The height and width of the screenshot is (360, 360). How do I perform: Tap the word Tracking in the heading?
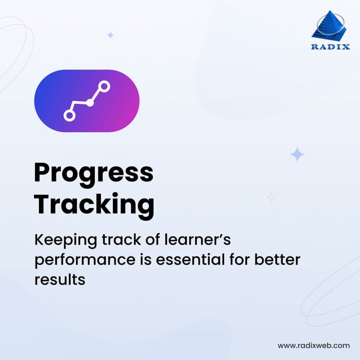tap(94, 204)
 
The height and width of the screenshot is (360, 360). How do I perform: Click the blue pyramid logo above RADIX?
tap(330, 25)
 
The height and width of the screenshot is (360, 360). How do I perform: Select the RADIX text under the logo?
tap(330, 47)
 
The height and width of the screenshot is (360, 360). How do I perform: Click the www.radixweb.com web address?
tap(314, 345)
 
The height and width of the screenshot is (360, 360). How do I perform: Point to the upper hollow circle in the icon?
tap(104, 86)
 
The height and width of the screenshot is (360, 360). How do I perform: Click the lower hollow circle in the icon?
tap(69, 115)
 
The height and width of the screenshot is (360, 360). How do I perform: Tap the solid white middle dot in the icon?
tap(90, 102)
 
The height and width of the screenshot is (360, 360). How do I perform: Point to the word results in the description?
tap(59, 279)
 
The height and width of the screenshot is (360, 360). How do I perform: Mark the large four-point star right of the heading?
tap(297, 154)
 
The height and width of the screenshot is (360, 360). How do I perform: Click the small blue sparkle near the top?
tap(111, 35)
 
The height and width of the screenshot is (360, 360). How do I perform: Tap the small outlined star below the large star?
tap(271, 197)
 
